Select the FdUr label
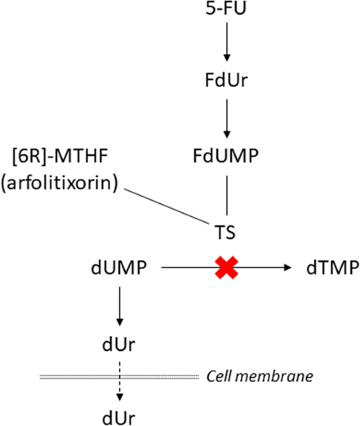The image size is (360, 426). (x=226, y=83)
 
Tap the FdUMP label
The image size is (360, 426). (x=226, y=157)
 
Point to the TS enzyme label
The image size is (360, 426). (x=226, y=231)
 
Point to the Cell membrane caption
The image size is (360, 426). (x=260, y=376)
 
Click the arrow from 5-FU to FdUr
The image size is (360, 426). (x=226, y=45)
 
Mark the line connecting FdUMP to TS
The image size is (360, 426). (x=226, y=195)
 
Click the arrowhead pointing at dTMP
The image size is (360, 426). (x=287, y=268)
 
